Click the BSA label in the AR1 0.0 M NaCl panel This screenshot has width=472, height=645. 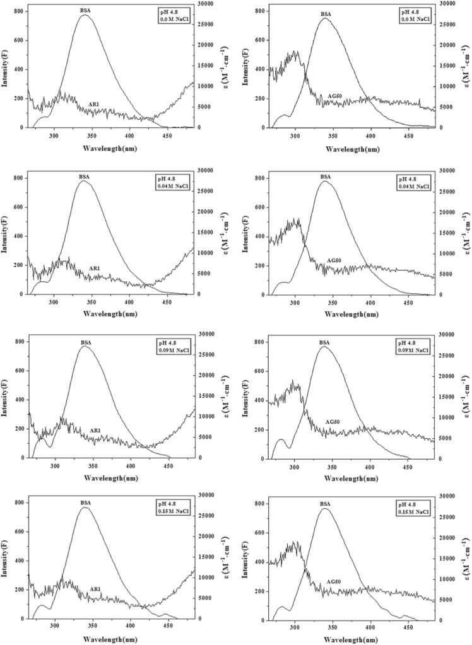coord(84,10)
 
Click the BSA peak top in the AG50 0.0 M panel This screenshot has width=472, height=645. coord(325,18)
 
